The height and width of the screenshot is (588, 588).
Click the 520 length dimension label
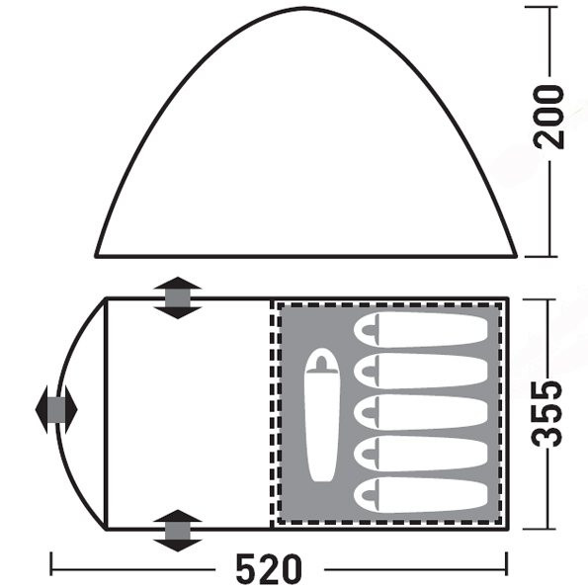[x=269, y=568]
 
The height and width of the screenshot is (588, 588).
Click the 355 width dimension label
[x=547, y=414]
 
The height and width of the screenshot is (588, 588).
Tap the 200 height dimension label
[x=548, y=117]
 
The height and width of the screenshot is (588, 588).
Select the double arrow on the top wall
[x=177, y=297]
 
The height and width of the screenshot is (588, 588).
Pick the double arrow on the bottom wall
[x=177, y=531]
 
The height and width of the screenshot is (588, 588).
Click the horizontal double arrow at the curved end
[x=56, y=409]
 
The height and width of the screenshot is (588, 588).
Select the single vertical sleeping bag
[x=322, y=415]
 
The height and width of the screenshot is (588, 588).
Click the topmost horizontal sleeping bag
[x=420, y=329]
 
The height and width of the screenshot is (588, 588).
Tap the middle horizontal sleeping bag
[x=420, y=412]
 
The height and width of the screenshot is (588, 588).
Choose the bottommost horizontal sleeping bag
[x=420, y=495]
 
